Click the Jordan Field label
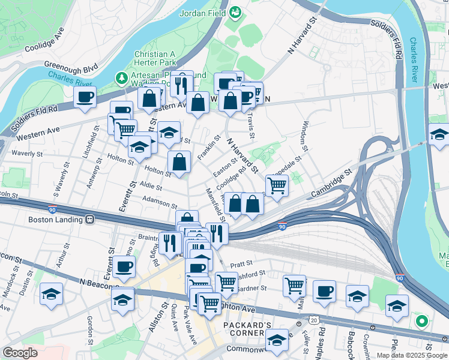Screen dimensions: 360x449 pyautogui.click(x=203, y=12)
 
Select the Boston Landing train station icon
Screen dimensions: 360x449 pyautogui.click(x=90, y=220)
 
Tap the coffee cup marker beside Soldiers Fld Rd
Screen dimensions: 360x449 pyautogui.click(x=85, y=97)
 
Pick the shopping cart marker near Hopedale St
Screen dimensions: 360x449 pyautogui.click(x=276, y=185)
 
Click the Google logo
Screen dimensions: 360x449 pyautogui.click(x=20, y=353)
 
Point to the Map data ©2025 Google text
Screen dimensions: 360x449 pyautogui.click(x=412, y=355)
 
